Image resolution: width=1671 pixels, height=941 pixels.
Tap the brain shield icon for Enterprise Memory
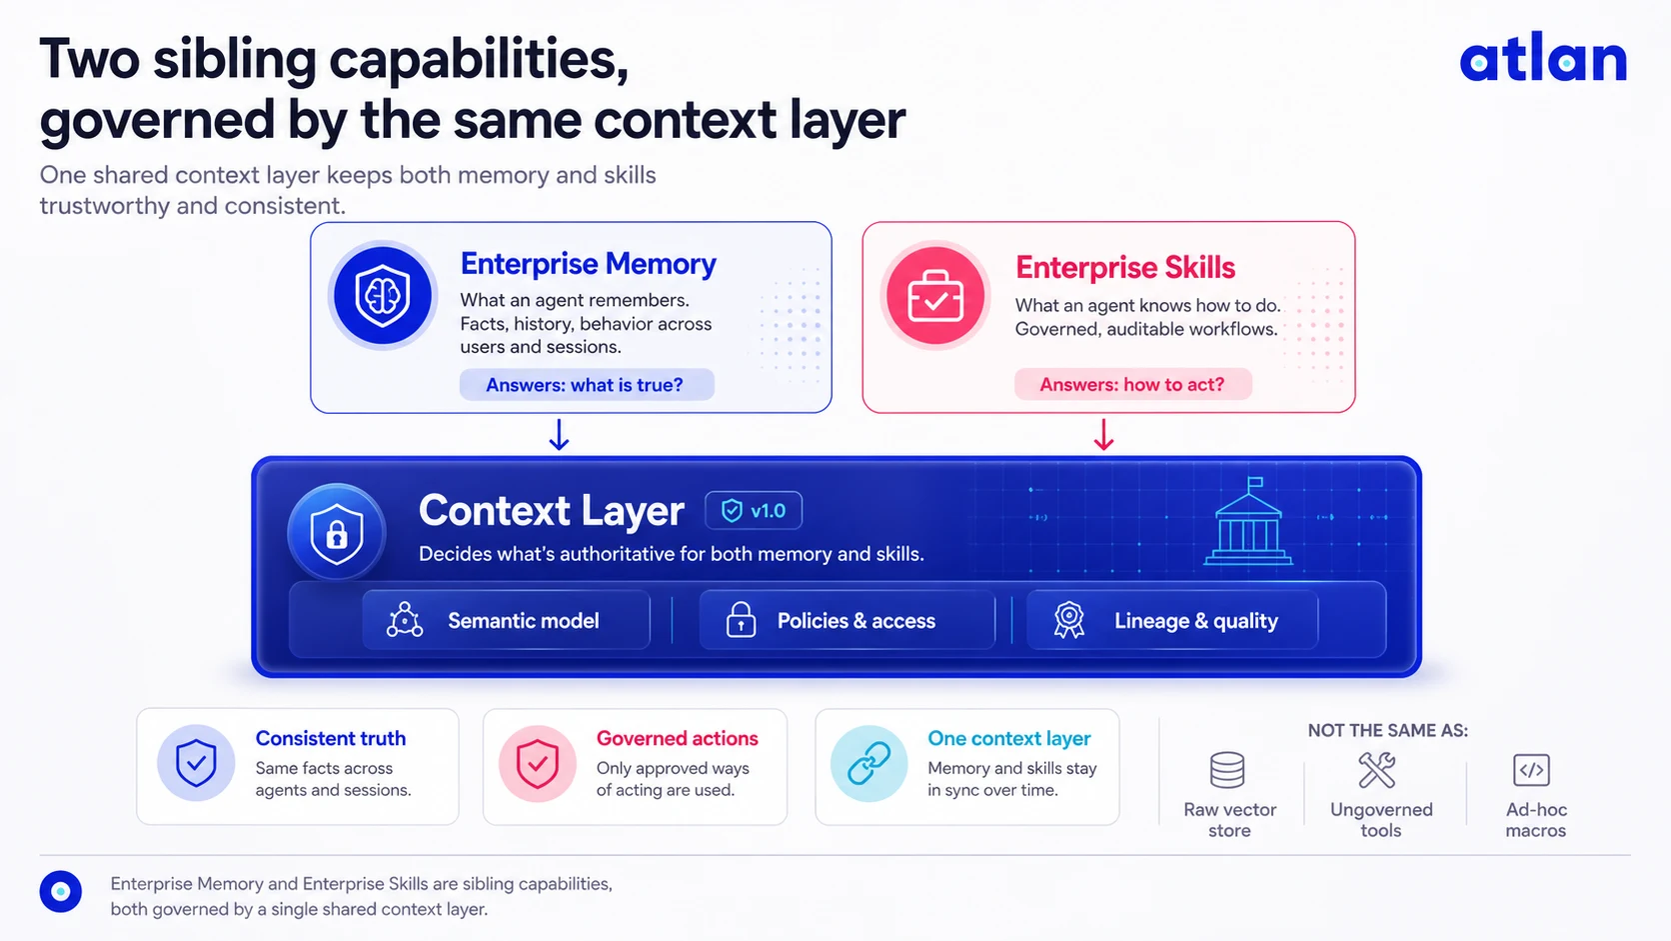382,296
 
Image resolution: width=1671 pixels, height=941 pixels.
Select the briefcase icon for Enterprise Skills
934,296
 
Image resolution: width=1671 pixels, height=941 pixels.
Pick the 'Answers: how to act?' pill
1132,384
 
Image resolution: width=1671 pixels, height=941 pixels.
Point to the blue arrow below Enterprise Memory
559,434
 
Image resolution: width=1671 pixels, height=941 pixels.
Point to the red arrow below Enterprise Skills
1104,434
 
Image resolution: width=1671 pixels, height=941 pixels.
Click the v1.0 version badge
754,510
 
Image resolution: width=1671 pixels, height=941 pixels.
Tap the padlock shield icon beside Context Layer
337,533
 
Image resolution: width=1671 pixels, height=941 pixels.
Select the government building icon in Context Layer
1248,521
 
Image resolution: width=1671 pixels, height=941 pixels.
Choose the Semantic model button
506,620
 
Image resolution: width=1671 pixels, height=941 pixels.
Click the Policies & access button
846,620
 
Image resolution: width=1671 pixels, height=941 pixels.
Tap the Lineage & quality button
1172,620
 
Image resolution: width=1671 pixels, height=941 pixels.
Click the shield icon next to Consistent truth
196,763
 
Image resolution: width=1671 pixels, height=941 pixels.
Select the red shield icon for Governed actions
537,763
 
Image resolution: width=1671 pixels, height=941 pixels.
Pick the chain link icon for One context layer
869,763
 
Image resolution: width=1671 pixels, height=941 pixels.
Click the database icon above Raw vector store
1227,770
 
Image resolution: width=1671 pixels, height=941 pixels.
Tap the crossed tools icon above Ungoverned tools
1377,770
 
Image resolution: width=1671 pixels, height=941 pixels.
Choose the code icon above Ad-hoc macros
1531,770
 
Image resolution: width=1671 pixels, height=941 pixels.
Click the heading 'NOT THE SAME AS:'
1387,731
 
